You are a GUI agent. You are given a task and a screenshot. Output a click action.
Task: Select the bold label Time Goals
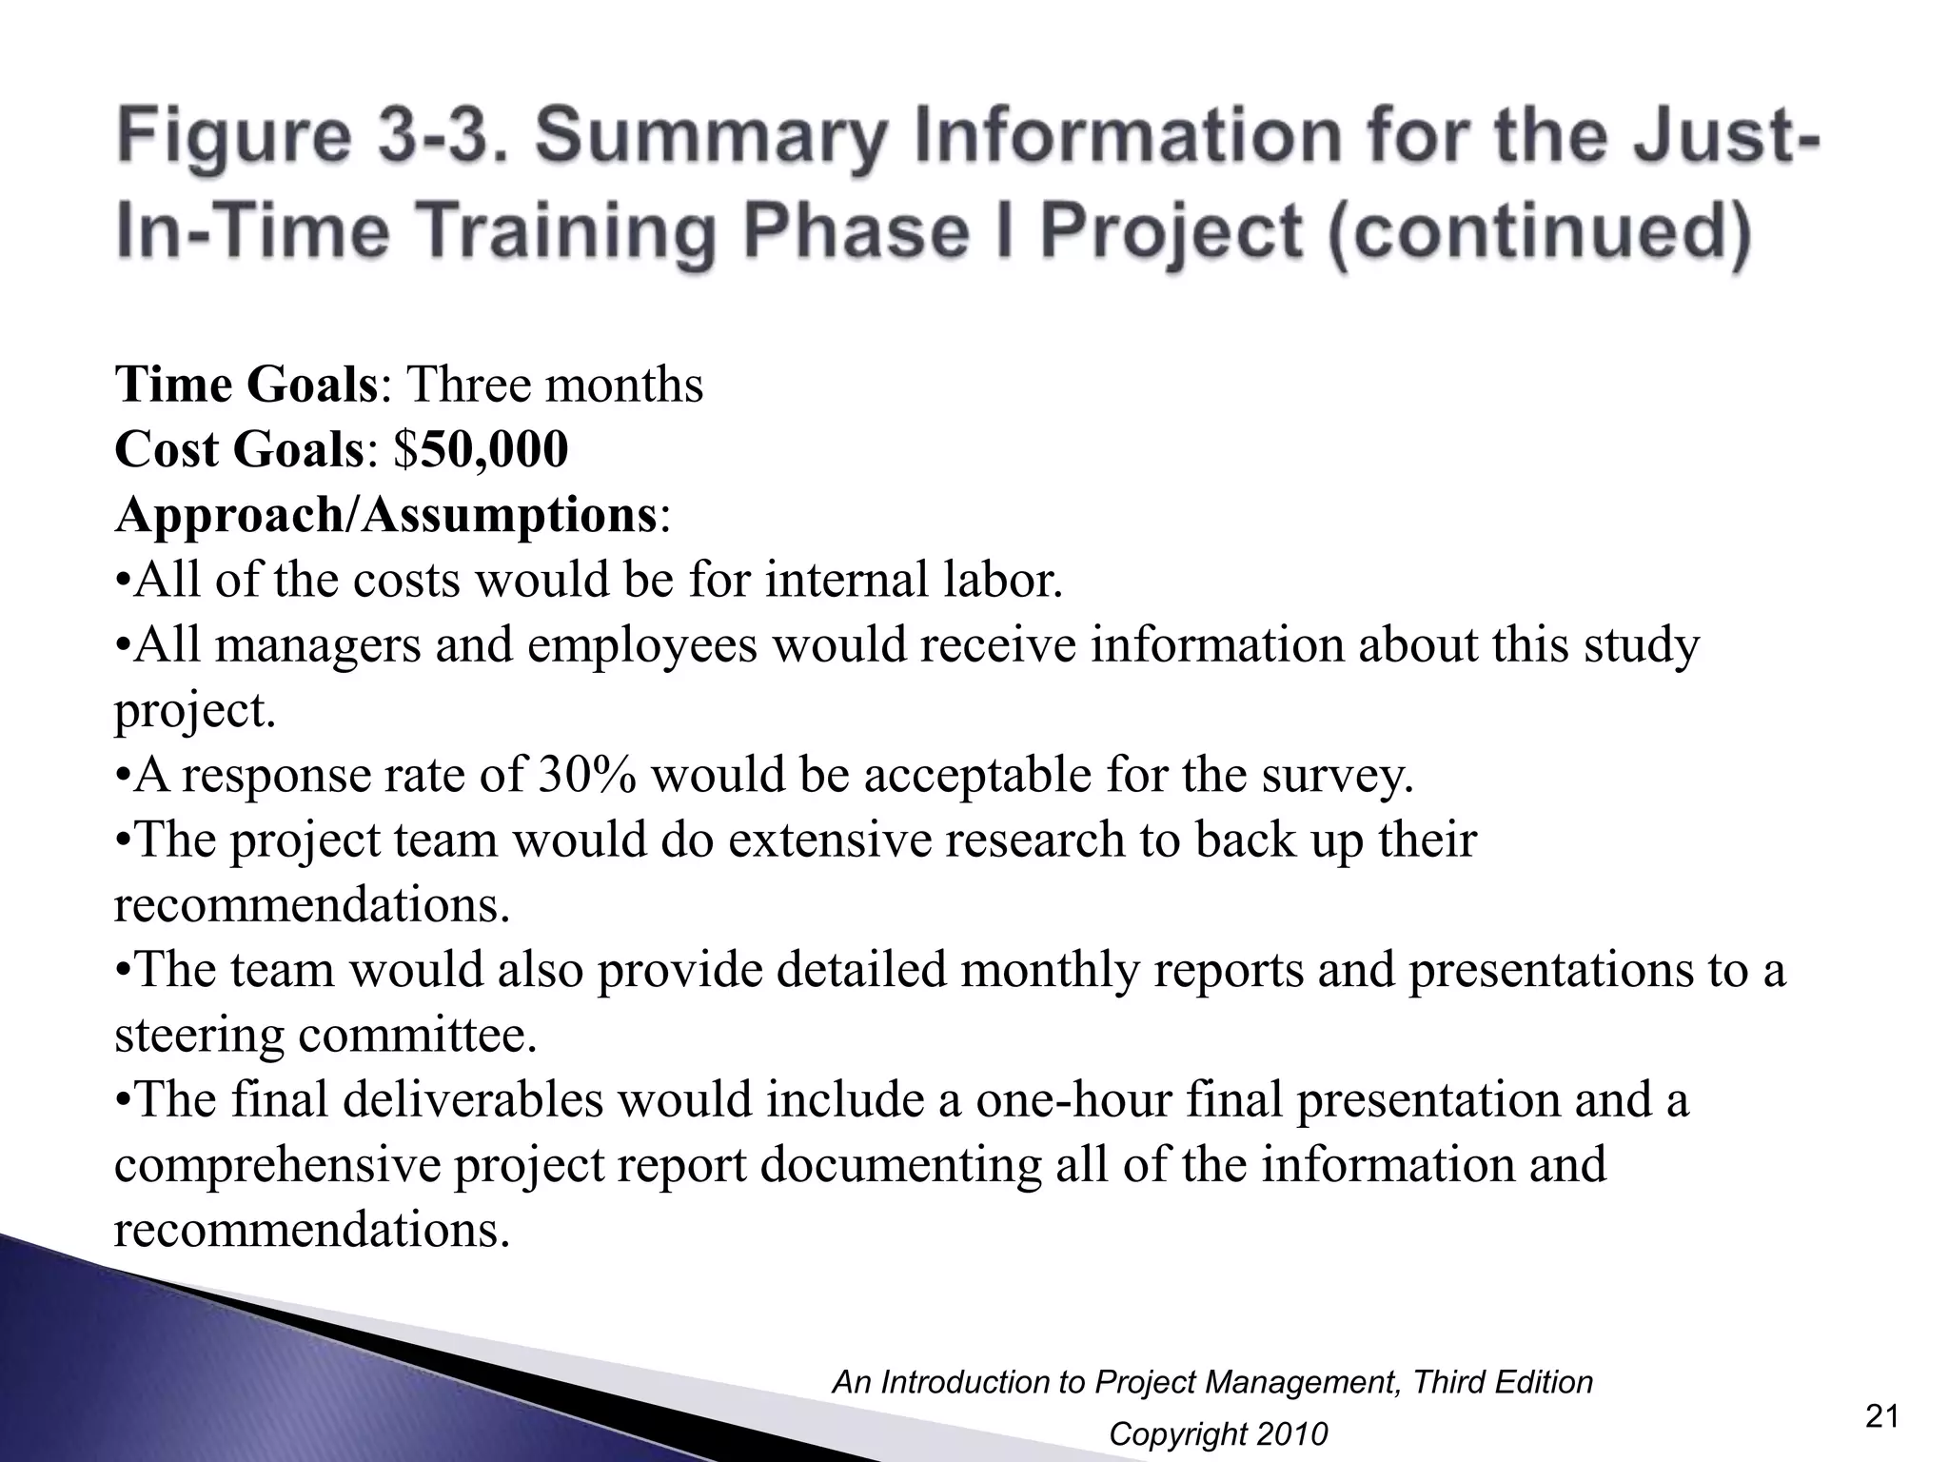click(x=246, y=385)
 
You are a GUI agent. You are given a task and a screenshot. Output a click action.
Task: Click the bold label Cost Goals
click(x=239, y=449)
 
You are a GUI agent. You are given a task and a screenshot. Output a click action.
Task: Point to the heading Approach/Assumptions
click(x=385, y=515)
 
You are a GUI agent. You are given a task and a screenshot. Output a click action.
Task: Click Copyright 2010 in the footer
click(x=1218, y=1433)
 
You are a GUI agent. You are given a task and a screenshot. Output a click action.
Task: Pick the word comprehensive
click(x=275, y=1166)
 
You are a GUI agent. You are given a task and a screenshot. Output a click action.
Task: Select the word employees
click(x=641, y=645)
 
